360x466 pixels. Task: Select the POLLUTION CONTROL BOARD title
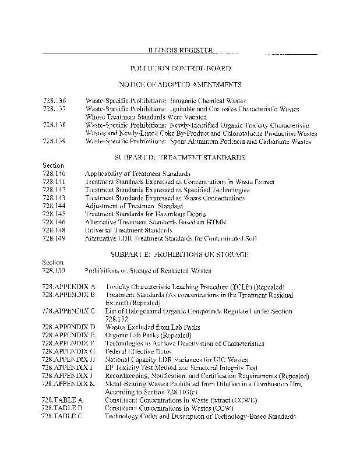[x=180, y=68]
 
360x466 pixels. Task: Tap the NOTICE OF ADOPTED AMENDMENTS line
[x=180, y=84]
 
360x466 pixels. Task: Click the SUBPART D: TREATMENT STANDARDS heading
[x=180, y=157]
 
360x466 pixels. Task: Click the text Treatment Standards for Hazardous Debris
[x=138, y=214]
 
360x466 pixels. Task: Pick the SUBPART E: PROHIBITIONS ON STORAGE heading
[x=180, y=255]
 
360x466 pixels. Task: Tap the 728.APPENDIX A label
[x=69, y=287]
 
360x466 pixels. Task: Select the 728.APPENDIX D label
[x=69, y=327]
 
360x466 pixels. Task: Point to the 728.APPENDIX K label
[x=69, y=384]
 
